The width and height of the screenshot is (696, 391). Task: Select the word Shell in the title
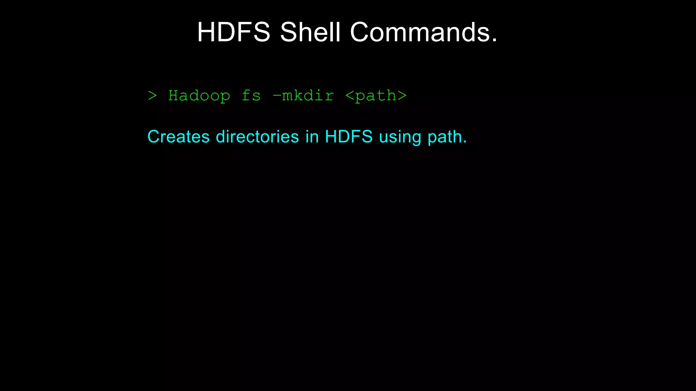click(310, 32)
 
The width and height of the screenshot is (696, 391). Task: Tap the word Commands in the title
click(420, 32)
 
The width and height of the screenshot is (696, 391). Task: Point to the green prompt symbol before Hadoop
click(153, 96)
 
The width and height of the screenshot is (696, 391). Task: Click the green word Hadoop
click(199, 96)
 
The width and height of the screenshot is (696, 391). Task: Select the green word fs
click(251, 96)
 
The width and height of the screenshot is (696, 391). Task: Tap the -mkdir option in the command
click(303, 96)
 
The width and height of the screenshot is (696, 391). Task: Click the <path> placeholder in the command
click(376, 96)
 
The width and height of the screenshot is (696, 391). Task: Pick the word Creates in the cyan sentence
click(178, 137)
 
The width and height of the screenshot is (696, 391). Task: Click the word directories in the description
click(258, 137)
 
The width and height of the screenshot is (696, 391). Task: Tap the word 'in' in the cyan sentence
click(312, 137)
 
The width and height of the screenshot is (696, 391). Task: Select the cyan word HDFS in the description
click(349, 137)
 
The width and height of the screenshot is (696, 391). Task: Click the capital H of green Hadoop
click(174, 96)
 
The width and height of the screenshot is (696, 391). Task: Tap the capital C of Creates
click(154, 137)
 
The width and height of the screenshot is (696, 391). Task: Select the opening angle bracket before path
click(350, 96)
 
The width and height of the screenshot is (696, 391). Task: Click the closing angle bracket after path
click(402, 96)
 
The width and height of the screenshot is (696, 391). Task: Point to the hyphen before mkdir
click(277, 96)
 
